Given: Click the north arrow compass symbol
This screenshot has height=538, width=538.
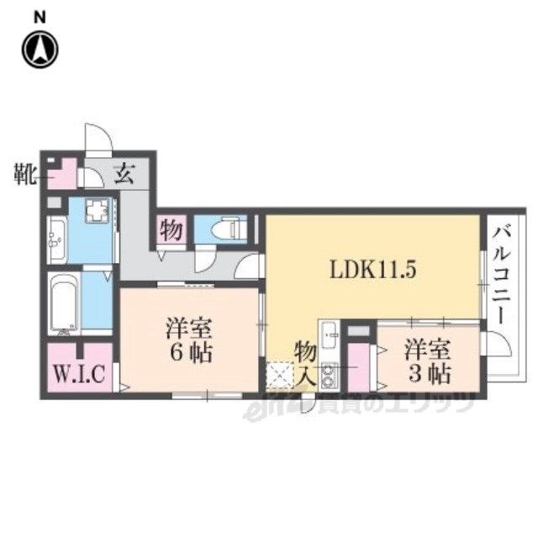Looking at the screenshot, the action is point(40,50).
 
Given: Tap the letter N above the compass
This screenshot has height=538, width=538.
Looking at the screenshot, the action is point(40,18).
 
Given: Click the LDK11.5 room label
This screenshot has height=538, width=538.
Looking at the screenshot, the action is point(373,269).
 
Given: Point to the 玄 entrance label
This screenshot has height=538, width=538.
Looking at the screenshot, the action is point(124,174).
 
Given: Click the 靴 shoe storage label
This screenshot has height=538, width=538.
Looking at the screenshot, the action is point(25,174).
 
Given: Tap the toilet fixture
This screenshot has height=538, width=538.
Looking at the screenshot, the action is point(229,228).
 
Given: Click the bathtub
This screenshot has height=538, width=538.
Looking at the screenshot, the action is point(64,304).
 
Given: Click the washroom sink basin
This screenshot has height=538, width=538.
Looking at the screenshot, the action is point(56,240).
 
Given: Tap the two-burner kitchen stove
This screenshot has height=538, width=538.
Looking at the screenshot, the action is point(329,375).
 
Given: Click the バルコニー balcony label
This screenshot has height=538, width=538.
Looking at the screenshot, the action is point(502,275).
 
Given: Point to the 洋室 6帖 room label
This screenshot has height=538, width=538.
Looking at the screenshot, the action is point(190,340).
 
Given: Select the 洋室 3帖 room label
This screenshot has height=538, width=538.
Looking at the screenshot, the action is point(428,361).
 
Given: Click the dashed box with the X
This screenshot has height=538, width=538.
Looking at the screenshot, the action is point(280,376).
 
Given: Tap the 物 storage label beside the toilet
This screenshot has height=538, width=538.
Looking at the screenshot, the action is point(171,229).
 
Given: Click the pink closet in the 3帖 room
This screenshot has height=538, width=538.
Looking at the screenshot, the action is point(358,367).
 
